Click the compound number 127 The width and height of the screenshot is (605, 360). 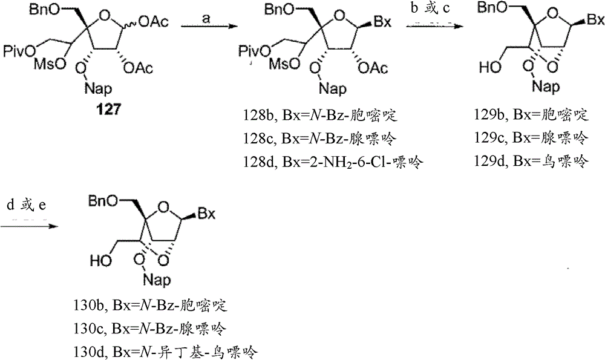108,110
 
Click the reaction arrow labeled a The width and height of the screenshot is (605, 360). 209,27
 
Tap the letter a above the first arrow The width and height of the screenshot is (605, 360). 206,19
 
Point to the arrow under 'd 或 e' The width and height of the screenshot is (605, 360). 29,225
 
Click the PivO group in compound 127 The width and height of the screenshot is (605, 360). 19,51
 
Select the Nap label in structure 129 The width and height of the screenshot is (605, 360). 546,87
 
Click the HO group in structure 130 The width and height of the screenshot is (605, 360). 101,261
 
